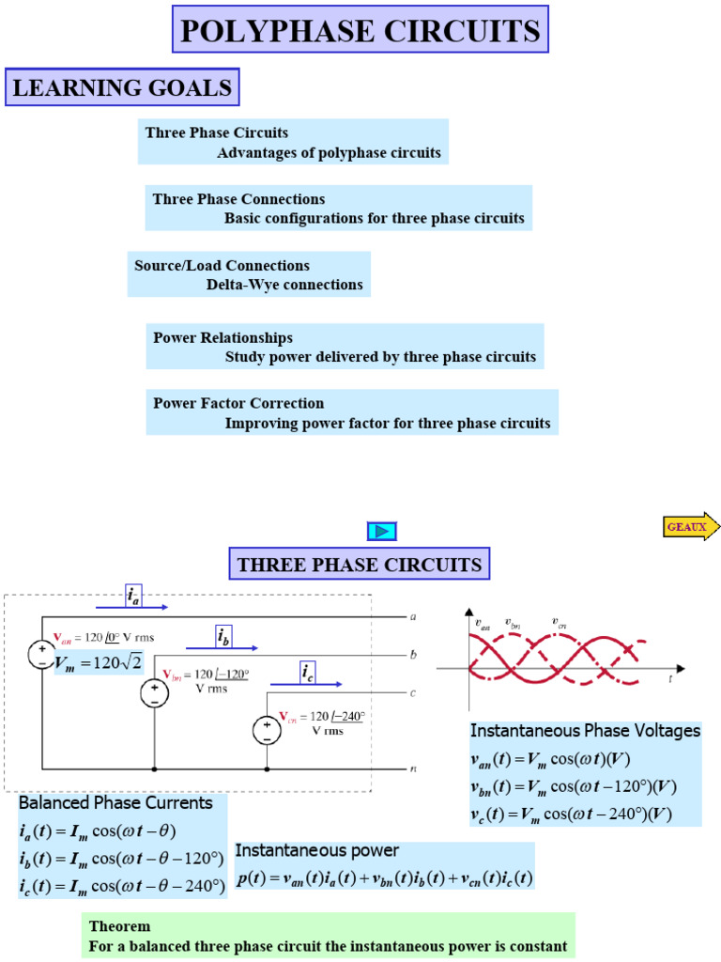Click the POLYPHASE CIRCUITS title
[360, 31]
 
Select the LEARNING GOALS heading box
[122, 88]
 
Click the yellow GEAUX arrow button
[691, 527]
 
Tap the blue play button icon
[382, 532]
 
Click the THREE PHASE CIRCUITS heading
[360, 564]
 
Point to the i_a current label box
[133, 594]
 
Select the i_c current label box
[307, 672]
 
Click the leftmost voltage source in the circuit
[42, 655]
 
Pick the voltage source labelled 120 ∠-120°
[154, 693]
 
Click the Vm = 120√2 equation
[99, 663]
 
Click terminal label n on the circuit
[413, 768]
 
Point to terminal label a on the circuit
[413, 617]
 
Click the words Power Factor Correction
[238, 403]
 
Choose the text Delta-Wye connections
[284, 285]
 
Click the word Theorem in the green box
[119, 926]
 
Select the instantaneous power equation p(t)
[384, 879]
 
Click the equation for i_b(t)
[122, 858]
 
